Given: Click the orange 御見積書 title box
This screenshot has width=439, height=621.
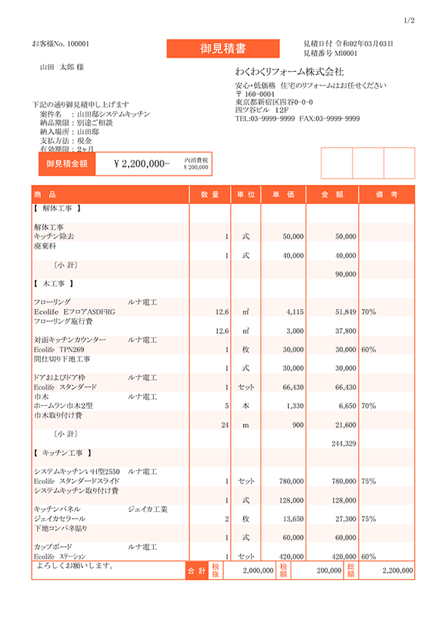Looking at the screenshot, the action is [x=223, y=48].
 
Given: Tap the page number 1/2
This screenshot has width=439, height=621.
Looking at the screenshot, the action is [x=409, y=20].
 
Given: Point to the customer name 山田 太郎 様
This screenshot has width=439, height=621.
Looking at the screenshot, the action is [x=61, y=67].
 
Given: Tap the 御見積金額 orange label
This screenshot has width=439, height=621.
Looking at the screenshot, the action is [x=67, y=164].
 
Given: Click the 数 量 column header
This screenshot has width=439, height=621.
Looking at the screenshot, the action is [x=210, y=195].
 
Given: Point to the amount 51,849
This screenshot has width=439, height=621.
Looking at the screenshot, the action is [x=344, y=311].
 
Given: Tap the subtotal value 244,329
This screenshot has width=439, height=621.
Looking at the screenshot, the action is [x=344, y=443].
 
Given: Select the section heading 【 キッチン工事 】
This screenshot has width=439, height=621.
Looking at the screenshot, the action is [x=63, y=453].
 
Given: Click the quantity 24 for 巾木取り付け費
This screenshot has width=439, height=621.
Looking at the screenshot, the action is [x=225, y=425].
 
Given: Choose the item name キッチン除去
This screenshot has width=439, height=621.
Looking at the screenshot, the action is [x=54, y=236].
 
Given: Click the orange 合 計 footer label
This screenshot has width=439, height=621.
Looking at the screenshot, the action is [x=196, y=570].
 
